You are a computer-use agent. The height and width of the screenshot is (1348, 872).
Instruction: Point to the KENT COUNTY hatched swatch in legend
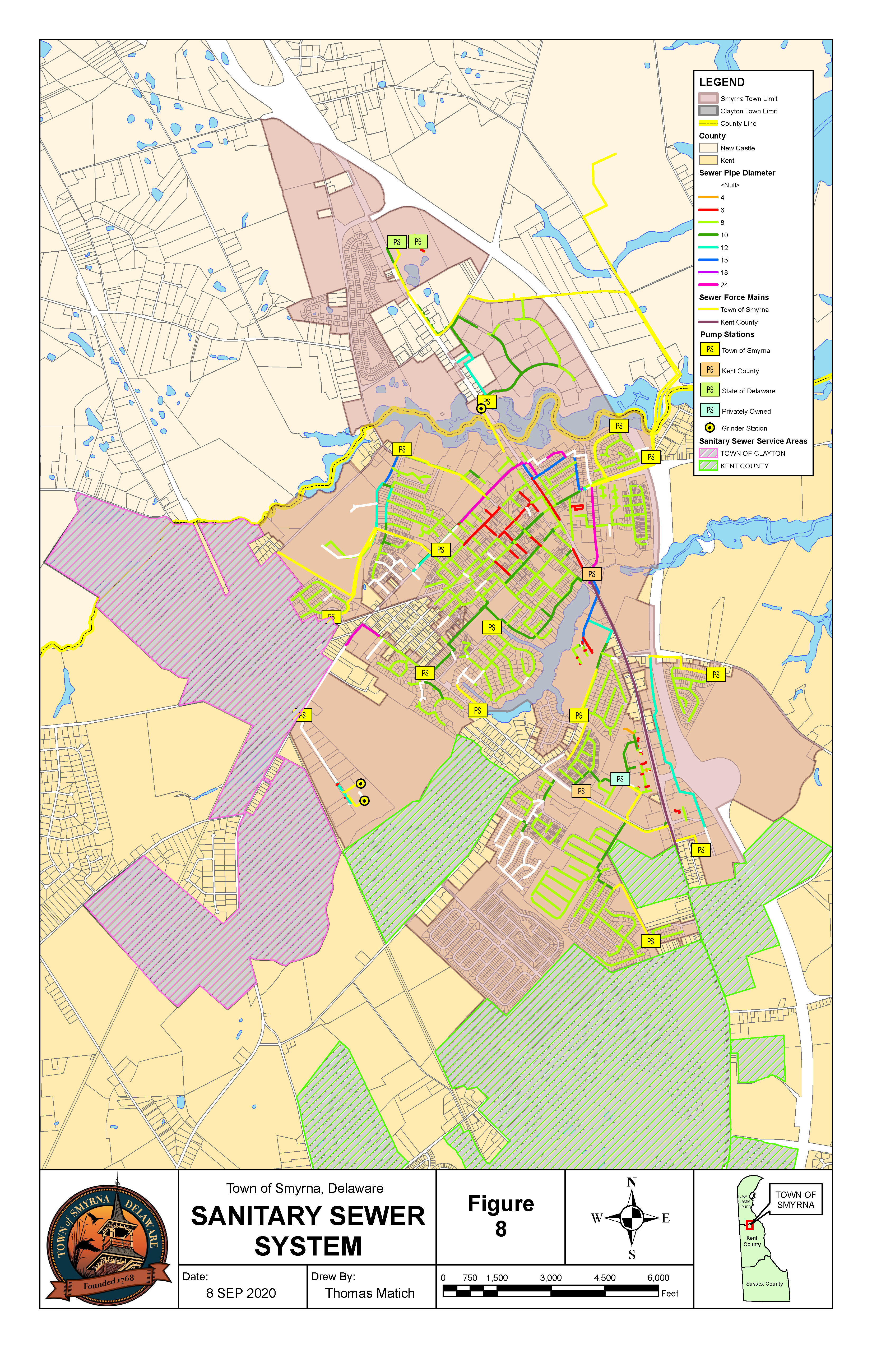pyautogui.click(x=708, y=465)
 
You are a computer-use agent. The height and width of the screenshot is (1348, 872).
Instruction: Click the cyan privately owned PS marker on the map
pyautogui.click(x=620, y=779)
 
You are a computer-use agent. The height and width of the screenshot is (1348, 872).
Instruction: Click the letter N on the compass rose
pyautogui.click(x=631, y=1182)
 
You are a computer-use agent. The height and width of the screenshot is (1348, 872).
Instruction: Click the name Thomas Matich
pyautogui.click(x=370, y=1293)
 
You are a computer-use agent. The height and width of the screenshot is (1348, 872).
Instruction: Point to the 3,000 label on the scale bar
pyautogui.click(x=550, y=1278)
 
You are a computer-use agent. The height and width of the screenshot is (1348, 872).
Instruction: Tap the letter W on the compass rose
pyautogui.click(x=596, y=1218)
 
